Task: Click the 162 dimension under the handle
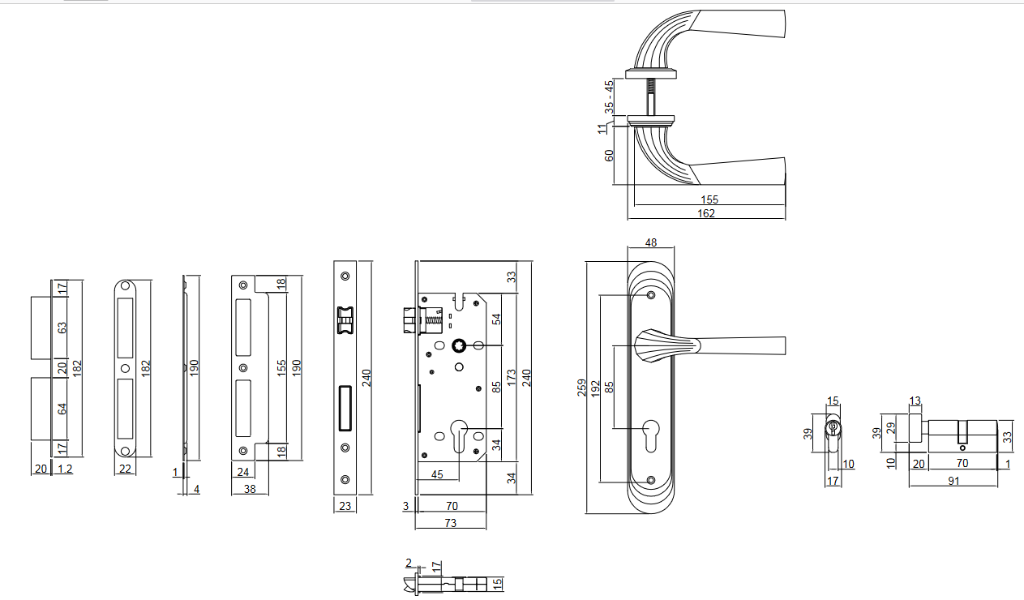[x=706, y=213]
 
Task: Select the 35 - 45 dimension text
[x=609, y=96]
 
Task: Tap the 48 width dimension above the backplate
[x=650, y=242]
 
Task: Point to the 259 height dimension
[x=581, y=388]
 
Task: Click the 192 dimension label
[x=595, y=388]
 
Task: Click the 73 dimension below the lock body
[x=450, y=523]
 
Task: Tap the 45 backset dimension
[x=436, y=474]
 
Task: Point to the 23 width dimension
[x=344, y=506]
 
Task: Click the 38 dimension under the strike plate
[x=250, y=489]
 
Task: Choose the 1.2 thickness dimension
[x=64, y=469]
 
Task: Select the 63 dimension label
[x=62, y=328]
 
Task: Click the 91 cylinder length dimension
[x=953, y=481]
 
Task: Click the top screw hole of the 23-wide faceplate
[x=345, y=276]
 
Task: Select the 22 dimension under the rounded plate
[x=125, y=469]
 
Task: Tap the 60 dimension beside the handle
[x=609, y=155]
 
